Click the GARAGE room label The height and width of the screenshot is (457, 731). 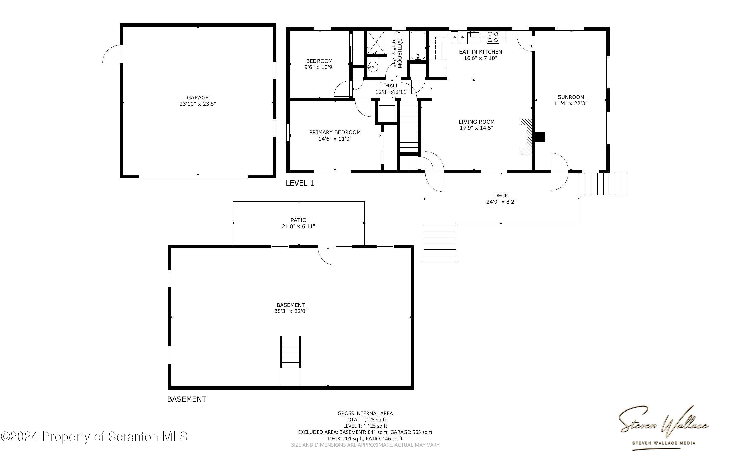tap(198, 97)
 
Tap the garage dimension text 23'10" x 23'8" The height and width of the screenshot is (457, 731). tap(198, 104)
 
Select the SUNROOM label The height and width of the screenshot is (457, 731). tap(571, 97)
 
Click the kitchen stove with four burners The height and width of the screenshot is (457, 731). tap(493, 37)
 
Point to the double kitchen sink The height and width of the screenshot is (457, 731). tap(459, 37)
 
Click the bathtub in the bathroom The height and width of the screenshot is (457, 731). tap(418, 45)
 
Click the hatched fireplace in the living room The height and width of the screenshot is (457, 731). tap(526, 136)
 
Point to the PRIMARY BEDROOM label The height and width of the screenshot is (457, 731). tap(335, 132)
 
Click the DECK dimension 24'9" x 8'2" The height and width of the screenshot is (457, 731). tap(501, 202)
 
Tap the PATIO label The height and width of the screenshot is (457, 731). tap(298, 220)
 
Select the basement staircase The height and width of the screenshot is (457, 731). tap(290, 352)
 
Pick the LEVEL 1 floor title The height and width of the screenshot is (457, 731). tap(300, 183)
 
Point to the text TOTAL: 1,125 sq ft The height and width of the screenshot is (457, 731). tap(365, 420)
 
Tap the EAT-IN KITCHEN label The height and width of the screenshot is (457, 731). tap(480, 52)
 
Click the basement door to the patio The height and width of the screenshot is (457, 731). tap(327, 256)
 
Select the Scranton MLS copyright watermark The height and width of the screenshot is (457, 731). tap(94, 437)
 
